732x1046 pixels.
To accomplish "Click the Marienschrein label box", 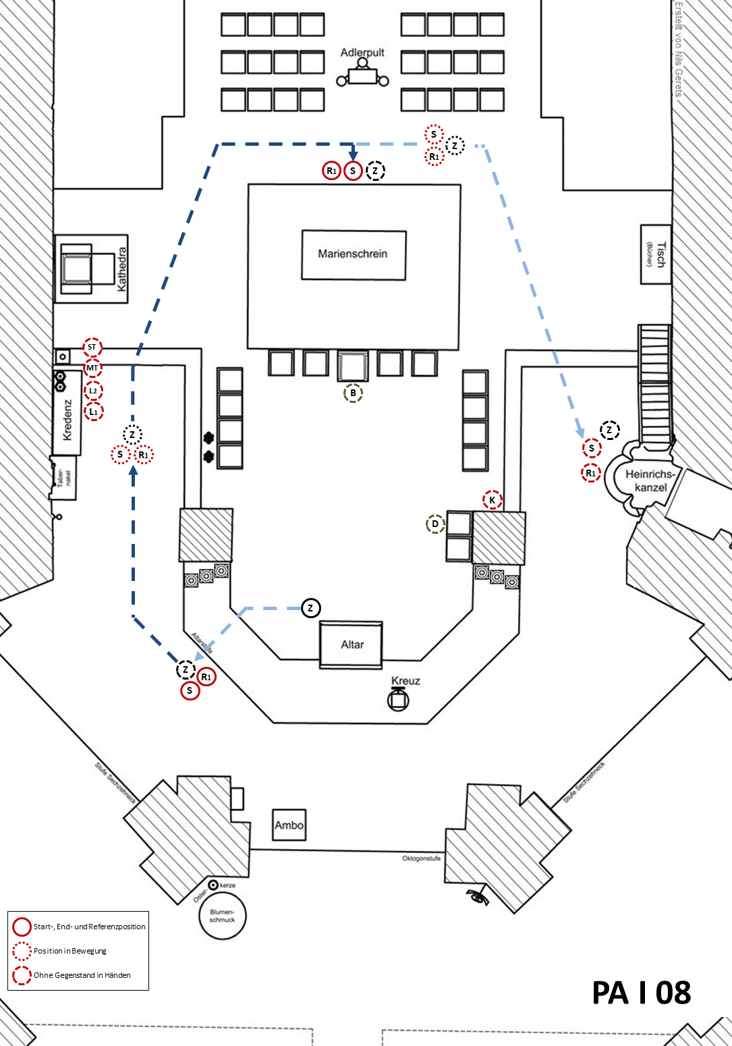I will pyautogui.click(x=354, y=254).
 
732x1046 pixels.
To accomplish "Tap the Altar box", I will pyautogui.click(x=351, y=644).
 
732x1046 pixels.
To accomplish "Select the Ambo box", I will pyautogui.click(x=289, y=825).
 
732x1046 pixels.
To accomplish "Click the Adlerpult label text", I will pyautogui.click(x=362, y=53).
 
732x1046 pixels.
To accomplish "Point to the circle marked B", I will pyautogui.click(x=353, y=393).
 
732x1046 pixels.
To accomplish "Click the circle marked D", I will pyautogui.click(x=435, y=524).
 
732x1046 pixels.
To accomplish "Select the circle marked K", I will pyautogui.click(x=492, y=500).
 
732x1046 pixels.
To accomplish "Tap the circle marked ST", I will pyautogui.click(x=92, y=348).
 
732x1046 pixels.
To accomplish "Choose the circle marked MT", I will pyautogui.click(x=92, y=368).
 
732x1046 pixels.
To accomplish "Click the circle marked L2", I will pyautogui.click(x=93, y=391).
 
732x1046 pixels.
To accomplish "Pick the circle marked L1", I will pyautogui.click(x=93, y=412).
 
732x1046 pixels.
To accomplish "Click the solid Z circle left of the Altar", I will pyautogui.click(x=310, y=608).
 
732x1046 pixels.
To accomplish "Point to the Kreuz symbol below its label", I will pyautogui.click(x=398, y=700).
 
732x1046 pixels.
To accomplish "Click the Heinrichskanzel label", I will pyautogui.click(x=650, y=480).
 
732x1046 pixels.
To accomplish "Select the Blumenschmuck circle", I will pyautogui.click(x=222, y=916).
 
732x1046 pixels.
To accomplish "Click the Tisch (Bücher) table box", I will pyautogui.click(x=656, y=254).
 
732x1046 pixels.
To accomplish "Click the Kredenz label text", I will pyautogui.click(x=67, y=420).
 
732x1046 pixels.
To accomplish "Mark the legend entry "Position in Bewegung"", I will pyautogui.click(x=69, y=951).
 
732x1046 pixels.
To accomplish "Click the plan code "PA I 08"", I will pyautogui.click(x=641, y=993).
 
